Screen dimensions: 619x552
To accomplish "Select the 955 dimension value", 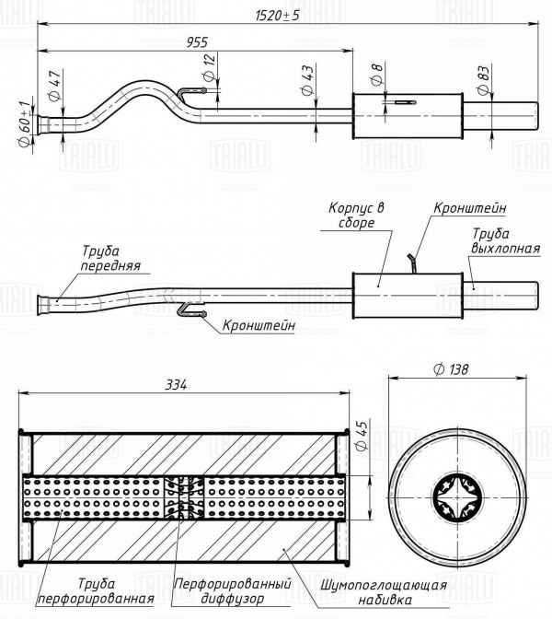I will coord(196,41).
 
